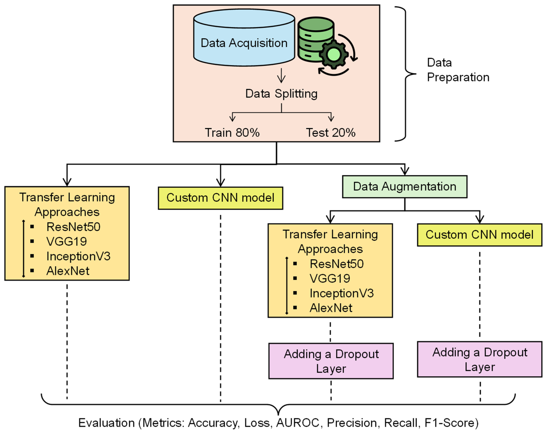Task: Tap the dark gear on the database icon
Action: pyautogui.click(x=334, y=54)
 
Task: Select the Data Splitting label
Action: pyautogui.click(x=281, y=94)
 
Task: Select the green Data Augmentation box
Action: pyautogui.click(x=405, y=187)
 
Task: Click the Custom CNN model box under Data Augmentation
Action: pyautogui.click(x=479, y=235)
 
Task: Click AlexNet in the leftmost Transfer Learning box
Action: pyautogui.click(x=68, y=271)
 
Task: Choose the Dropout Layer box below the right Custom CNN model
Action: pyautogui.click(x=479, y=359)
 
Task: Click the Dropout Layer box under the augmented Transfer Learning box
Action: pyautogui.click(x=331, y=361)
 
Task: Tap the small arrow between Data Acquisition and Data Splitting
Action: pyautogui.click(x=281, y=76)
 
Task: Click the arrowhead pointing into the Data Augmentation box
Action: pyautogui.click(x=405, y=171)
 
